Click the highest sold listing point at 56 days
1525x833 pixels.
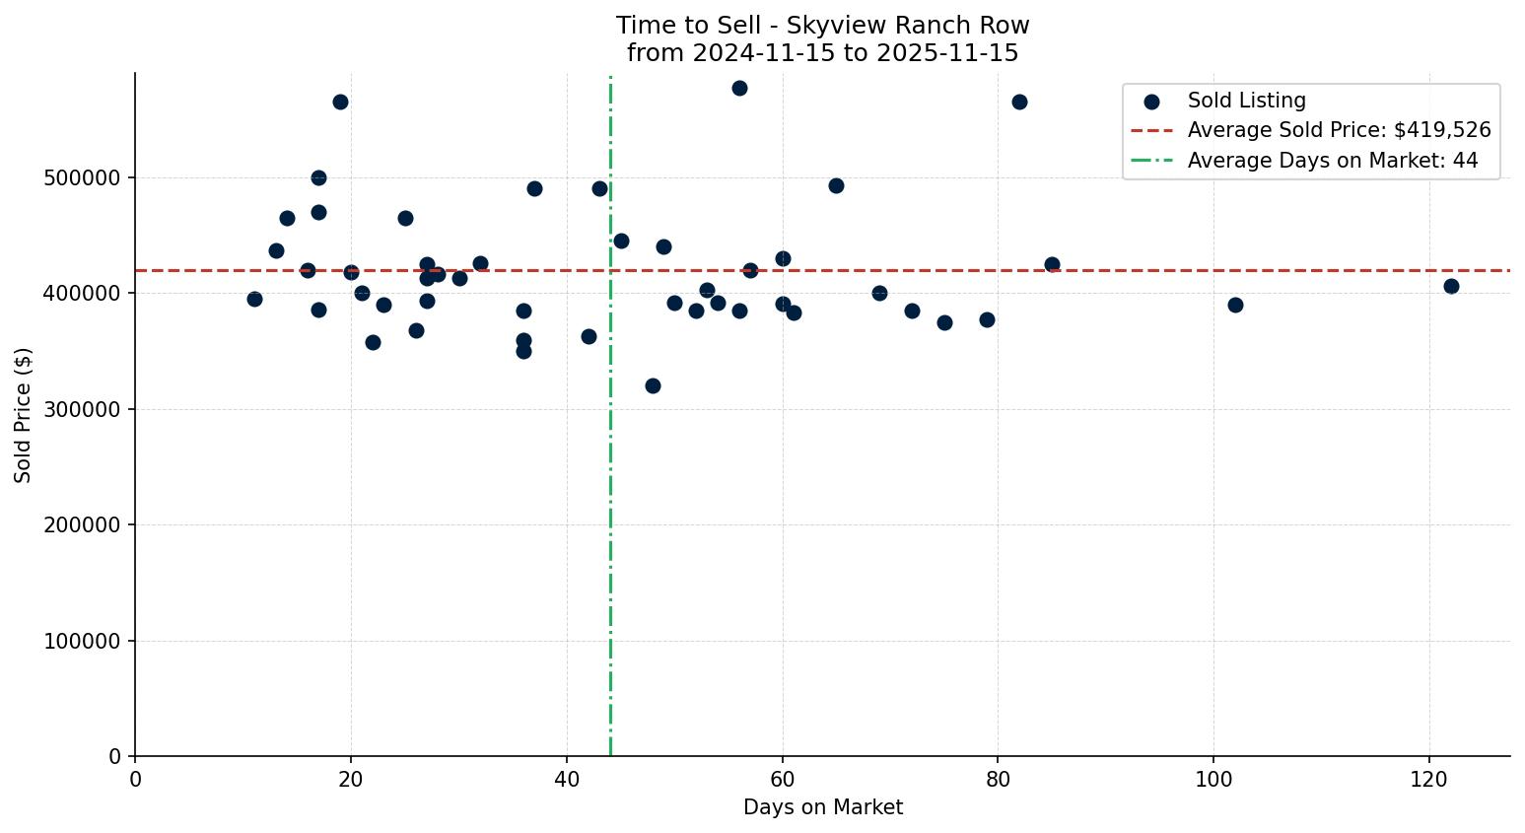739,88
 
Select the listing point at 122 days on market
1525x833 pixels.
1451,286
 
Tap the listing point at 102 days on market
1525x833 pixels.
1235,305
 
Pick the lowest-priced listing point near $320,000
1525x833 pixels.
653,385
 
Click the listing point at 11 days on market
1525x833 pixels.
254,299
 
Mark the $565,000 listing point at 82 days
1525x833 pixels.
1019,102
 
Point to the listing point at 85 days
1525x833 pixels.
1052,264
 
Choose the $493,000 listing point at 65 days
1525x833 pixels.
836,185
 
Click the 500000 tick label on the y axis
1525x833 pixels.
82,177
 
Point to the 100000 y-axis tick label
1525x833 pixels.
82,641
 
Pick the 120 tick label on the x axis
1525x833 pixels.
1429,779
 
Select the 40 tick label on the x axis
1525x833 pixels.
567,779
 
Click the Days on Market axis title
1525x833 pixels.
822,807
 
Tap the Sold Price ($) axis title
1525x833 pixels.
23,415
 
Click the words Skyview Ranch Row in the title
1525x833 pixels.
908,26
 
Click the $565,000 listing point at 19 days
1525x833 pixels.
340,102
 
